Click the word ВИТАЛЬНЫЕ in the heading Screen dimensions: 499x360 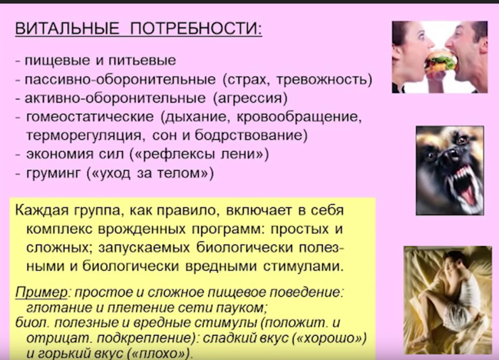coord(67,29)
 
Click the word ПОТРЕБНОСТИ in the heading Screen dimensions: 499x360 coord(195,29)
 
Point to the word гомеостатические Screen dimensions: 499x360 coord(90,117)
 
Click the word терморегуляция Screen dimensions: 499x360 coord(83,135)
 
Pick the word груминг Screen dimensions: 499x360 coord(53,173)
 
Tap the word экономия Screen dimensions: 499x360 coord(59,155)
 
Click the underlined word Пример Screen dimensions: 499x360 coord(41,292)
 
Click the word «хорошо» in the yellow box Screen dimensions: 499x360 coord(332,338)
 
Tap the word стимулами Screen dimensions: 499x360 coord(303,267)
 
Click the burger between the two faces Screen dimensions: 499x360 coord(441,61)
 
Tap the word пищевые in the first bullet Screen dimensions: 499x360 coord(58,61)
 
